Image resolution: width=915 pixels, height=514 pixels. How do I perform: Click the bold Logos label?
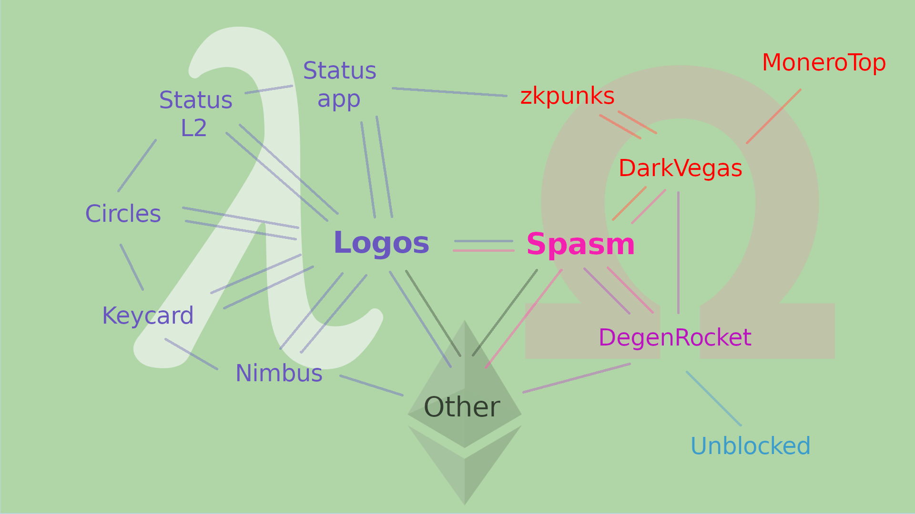381,243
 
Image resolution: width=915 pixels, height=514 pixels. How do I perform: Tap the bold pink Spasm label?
580,245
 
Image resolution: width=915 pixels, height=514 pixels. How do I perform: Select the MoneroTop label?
823,63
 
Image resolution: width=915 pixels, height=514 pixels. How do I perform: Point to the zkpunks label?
567,96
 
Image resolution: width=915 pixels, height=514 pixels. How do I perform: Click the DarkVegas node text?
680,168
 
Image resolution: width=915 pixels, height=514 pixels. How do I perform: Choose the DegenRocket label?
675,338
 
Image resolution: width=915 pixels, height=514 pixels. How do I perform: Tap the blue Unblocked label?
750,446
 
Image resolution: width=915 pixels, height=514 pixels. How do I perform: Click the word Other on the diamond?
462,407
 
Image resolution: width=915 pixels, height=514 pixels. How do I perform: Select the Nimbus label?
279,373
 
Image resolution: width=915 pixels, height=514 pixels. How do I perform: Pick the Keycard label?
148,316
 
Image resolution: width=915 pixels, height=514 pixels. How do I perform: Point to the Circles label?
123,214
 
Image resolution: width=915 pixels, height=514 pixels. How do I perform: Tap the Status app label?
339,85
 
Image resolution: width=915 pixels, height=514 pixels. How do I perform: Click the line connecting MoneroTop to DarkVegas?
773,116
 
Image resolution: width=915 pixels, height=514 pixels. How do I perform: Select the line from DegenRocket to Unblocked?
713,398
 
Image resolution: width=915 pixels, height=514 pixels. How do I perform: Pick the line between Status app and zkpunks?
449,92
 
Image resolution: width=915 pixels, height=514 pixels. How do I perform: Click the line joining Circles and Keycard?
132,267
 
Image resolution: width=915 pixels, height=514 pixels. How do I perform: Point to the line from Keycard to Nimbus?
191,354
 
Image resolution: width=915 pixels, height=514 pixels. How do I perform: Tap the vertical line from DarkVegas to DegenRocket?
678,252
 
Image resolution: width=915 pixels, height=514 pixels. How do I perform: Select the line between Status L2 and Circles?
137,166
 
